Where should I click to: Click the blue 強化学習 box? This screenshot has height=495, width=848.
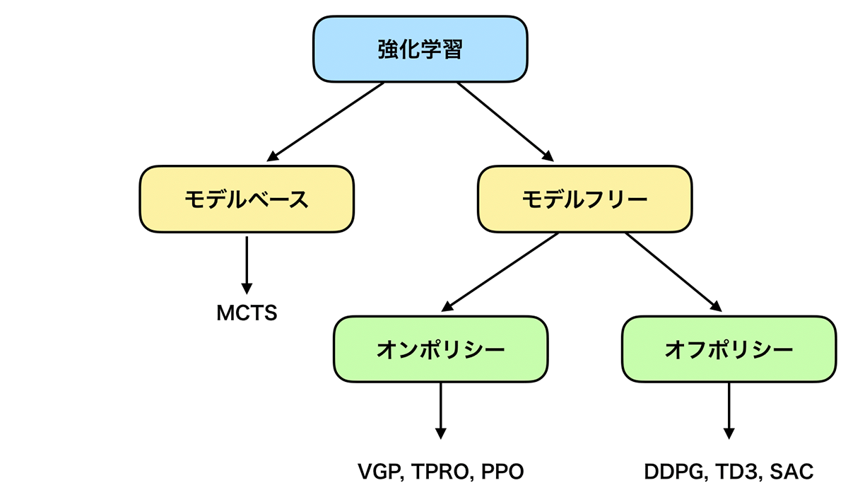pos(420,49)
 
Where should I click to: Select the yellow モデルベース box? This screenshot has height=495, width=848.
pos(247,199)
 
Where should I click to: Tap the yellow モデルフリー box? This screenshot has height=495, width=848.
pos(584,199)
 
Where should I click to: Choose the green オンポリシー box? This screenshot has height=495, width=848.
pos(441,349)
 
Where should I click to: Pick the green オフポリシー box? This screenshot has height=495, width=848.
pos(729,349)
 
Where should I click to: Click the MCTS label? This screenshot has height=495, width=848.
pos(247,313)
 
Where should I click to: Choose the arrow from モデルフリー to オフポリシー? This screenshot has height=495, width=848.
pos(671,272)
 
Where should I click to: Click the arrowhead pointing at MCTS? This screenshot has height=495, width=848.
pos(247,289)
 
